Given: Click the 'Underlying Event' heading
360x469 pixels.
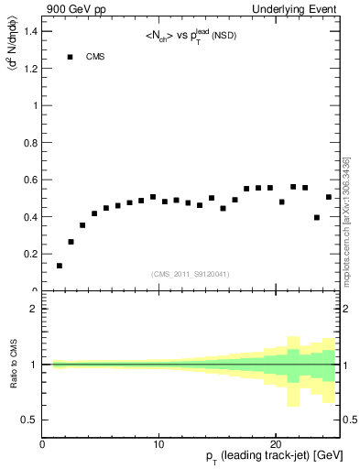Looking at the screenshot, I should pyautogui.click(x=296, y=10).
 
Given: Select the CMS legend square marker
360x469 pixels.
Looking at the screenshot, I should pyautogui.click(x=70, y=57).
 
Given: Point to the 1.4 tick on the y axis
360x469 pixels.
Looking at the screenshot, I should pyautogui.click(x=31, y=31).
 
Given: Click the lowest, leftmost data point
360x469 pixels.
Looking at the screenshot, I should pyautogui.click(x=60, y=266).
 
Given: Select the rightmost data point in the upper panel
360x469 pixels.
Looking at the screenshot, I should pyautogui.click(x=329, y=197).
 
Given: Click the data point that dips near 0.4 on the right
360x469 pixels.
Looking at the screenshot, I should pyautogui.click(x=317, y=217).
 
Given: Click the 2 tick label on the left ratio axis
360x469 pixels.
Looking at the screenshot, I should pyautogui.click(x=33, y=309).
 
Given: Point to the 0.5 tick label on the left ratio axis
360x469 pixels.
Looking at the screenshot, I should pyautogui.click(x=30, y=420).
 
